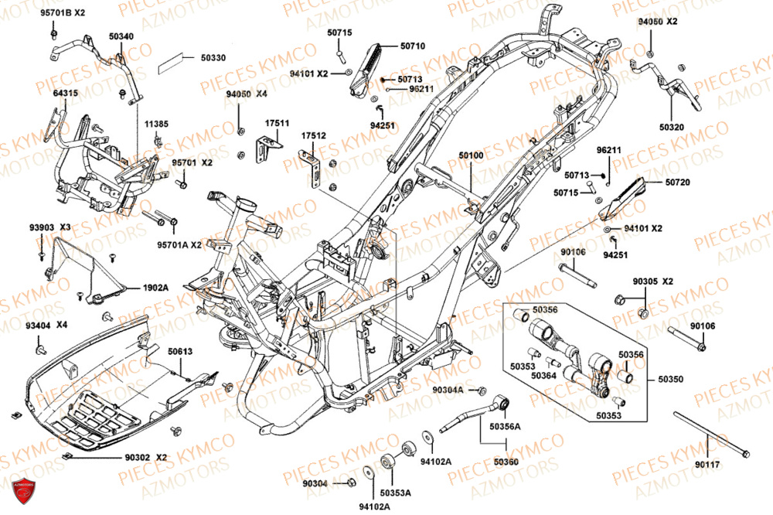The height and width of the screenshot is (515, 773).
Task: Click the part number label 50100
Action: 471,155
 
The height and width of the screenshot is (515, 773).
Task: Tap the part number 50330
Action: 213,57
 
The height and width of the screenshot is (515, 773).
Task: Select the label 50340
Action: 121,36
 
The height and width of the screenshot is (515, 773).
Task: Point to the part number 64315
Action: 66,93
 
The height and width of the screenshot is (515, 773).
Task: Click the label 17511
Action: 277,123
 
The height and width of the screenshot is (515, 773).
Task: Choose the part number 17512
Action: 314,135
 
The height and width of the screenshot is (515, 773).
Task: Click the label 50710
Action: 413,46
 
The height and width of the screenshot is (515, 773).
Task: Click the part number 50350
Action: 671,380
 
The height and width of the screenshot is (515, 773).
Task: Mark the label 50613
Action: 180,352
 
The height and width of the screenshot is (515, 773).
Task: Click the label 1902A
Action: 155,287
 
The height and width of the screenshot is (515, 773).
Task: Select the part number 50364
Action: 543,375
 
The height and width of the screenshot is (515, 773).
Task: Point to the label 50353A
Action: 396,493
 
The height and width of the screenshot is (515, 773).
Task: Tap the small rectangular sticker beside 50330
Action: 173,62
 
